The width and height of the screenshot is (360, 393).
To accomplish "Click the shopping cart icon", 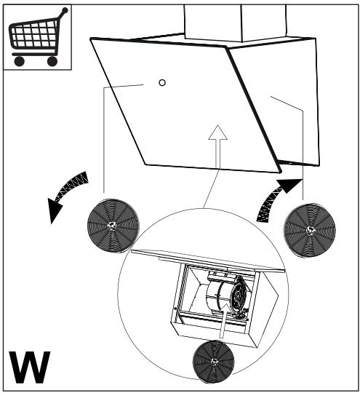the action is coord(38,37).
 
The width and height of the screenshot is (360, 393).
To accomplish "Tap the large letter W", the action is coord(30,368).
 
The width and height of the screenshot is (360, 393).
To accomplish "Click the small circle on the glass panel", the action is coord(162,82).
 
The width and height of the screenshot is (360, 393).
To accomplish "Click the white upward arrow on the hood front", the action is coord(218,146).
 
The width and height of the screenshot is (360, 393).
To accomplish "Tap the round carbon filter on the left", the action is coord(113,226).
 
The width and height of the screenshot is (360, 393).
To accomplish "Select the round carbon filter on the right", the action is coord(310,230).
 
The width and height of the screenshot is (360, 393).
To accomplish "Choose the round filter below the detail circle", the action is coord(213,361).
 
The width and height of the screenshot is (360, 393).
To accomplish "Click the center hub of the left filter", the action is coord(112,226).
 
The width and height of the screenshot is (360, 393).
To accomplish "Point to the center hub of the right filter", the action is coord(310,230).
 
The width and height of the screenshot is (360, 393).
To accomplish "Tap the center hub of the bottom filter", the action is coord(214,362).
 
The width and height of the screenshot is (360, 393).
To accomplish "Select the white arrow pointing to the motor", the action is coord(224,321).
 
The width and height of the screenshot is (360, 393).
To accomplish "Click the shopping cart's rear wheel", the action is coord(20,61).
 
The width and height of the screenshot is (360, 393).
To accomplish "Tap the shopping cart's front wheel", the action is coord(52,61).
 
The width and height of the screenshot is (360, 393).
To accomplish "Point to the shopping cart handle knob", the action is coord(65,10).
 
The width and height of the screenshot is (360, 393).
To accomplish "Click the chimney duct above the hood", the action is coord(236,23).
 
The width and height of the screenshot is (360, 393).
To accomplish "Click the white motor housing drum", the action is coord(218,295).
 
